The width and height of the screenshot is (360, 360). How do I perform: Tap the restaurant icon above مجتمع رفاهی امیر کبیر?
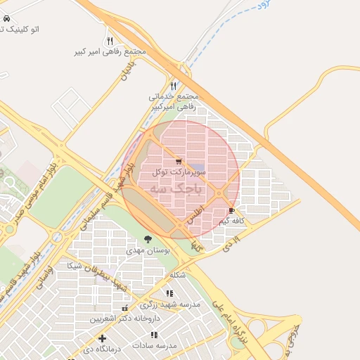[110, 41]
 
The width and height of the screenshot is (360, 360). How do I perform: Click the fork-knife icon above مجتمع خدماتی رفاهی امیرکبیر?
[174, 85]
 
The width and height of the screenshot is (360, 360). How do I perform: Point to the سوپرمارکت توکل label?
[179, 172]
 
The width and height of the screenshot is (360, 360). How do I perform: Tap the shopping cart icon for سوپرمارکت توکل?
[179, 161]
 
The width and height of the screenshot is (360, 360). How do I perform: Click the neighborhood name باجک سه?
[178, 188]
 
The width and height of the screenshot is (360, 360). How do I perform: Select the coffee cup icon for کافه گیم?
[232, 210]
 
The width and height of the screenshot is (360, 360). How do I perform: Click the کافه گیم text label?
[232, 221]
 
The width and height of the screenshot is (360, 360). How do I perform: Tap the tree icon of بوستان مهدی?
[148, 240]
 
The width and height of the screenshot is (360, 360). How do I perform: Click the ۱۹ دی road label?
[231, 244]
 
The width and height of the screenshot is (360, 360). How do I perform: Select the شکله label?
[178, 275]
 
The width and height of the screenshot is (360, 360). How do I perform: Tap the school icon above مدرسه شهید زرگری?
[169, 293]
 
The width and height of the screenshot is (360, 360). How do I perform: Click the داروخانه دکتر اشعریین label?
[117, 319]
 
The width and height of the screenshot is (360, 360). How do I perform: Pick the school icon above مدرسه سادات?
[154, 335]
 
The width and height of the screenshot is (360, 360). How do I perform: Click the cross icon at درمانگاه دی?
[103, 338]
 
